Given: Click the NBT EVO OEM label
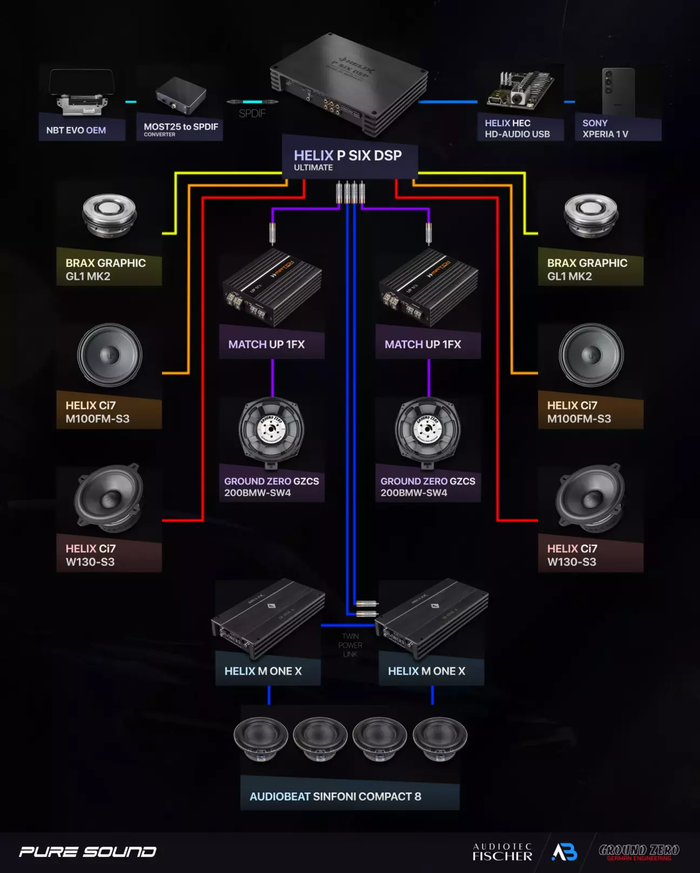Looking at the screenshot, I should coord(76,130).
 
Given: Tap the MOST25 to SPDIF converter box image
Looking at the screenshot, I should coord(181,95).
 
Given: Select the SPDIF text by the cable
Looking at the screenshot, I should coord(252,113).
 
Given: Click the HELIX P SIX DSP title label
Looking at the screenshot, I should coord(348,156).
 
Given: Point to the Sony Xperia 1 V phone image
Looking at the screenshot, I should coord(618,92).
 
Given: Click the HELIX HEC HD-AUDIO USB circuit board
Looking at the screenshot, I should coord(520,91).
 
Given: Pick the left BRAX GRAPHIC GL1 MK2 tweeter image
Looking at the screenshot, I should coord(109,215).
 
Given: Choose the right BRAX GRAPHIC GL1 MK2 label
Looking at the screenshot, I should coord(587,269).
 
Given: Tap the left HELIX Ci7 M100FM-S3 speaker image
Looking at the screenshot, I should coord(110,355).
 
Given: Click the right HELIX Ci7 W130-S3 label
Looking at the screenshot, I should coord(573,555).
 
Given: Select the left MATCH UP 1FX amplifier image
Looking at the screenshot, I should coord(272,287).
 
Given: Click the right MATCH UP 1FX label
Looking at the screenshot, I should coord(423,344).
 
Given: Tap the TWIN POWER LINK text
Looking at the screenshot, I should coord(350,645).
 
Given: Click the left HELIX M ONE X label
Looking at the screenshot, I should coord(263,671).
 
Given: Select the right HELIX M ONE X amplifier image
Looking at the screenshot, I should coord(432,615).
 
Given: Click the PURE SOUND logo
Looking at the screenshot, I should coord(87,852).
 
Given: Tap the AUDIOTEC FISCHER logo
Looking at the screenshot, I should coord(502,852).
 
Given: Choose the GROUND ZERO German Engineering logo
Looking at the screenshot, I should coord(639,852).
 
